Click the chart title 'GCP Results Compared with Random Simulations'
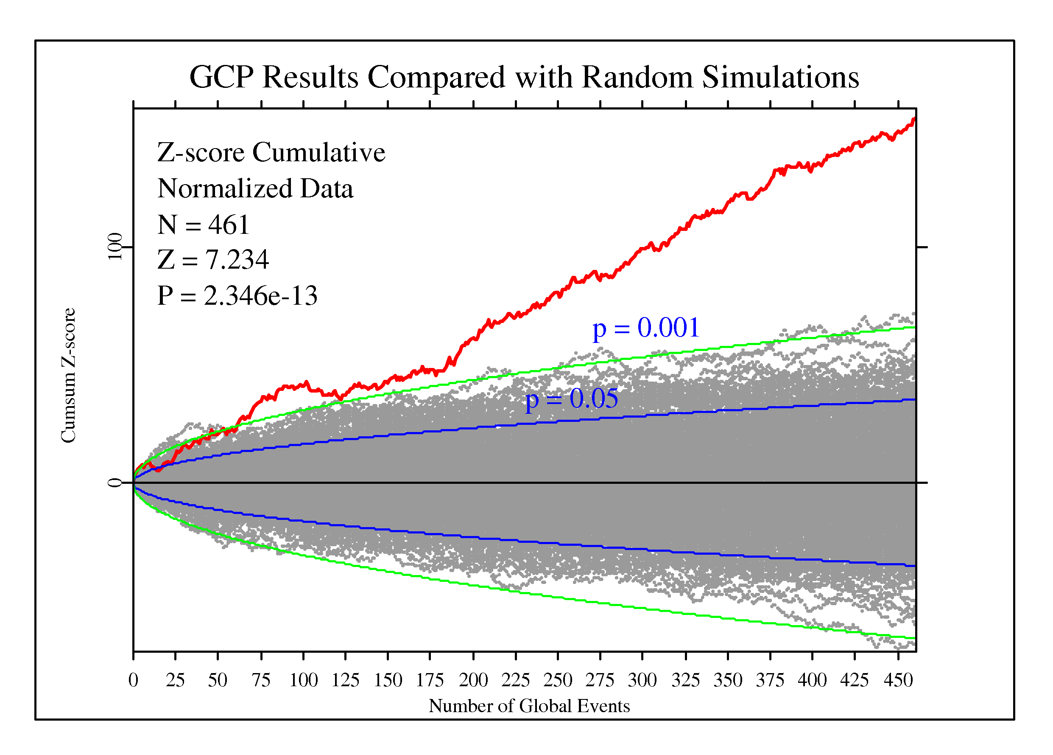coord(524,77)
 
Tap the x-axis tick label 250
coord(558,680)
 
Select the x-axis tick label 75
coord(261,680)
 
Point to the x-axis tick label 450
coord(898,680)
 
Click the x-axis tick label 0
coord(133,680)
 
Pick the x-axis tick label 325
coord(685,680)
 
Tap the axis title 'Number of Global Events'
coord(529,706)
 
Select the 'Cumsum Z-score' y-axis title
coord(68,376)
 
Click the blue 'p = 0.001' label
coord(646,328)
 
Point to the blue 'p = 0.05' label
coord(572,399)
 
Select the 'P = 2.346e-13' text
coord(237,295)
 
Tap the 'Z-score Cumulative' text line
coord(271,152)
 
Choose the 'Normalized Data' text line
coord(255,188)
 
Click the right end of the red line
coord(914,119)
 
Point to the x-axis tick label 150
coord(388,680)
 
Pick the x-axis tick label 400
coord(812,680)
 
